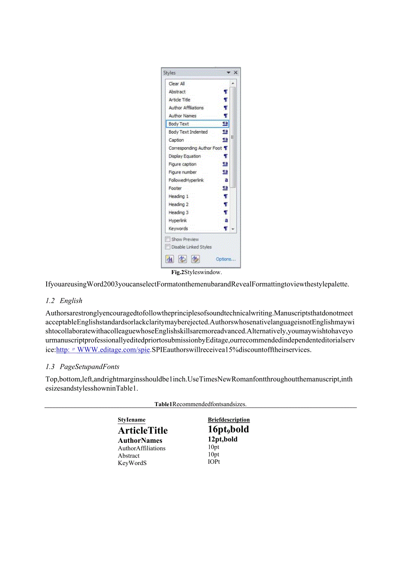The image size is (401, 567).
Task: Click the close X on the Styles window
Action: (236, 73)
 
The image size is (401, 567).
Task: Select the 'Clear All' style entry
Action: (177, 84)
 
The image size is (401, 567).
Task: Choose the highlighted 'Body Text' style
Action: (179, 124)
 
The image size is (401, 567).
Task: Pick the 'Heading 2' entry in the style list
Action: (179, 204)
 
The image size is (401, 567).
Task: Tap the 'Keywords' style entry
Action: (178, 228)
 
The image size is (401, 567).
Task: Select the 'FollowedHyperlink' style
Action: (186, 180)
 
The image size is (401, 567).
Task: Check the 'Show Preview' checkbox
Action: (168, 239)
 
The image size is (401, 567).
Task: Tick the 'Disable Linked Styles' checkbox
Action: (168, 247)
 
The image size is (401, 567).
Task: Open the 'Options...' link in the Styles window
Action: (226, 259)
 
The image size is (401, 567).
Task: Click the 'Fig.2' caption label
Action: (177, 272)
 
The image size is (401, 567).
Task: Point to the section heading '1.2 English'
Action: (64, 301)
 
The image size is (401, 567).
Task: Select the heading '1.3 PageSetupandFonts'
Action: (82, 367)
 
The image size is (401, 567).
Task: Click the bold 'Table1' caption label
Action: (163, 404)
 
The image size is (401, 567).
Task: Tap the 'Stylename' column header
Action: (132, 420)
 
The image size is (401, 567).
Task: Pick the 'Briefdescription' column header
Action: (229, 420)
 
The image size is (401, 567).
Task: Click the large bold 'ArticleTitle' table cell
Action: (143, 431)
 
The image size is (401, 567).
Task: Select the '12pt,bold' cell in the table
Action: (223, 439)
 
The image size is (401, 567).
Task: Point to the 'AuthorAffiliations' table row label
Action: (142, 448)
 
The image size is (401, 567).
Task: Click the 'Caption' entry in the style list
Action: (176, 140)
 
